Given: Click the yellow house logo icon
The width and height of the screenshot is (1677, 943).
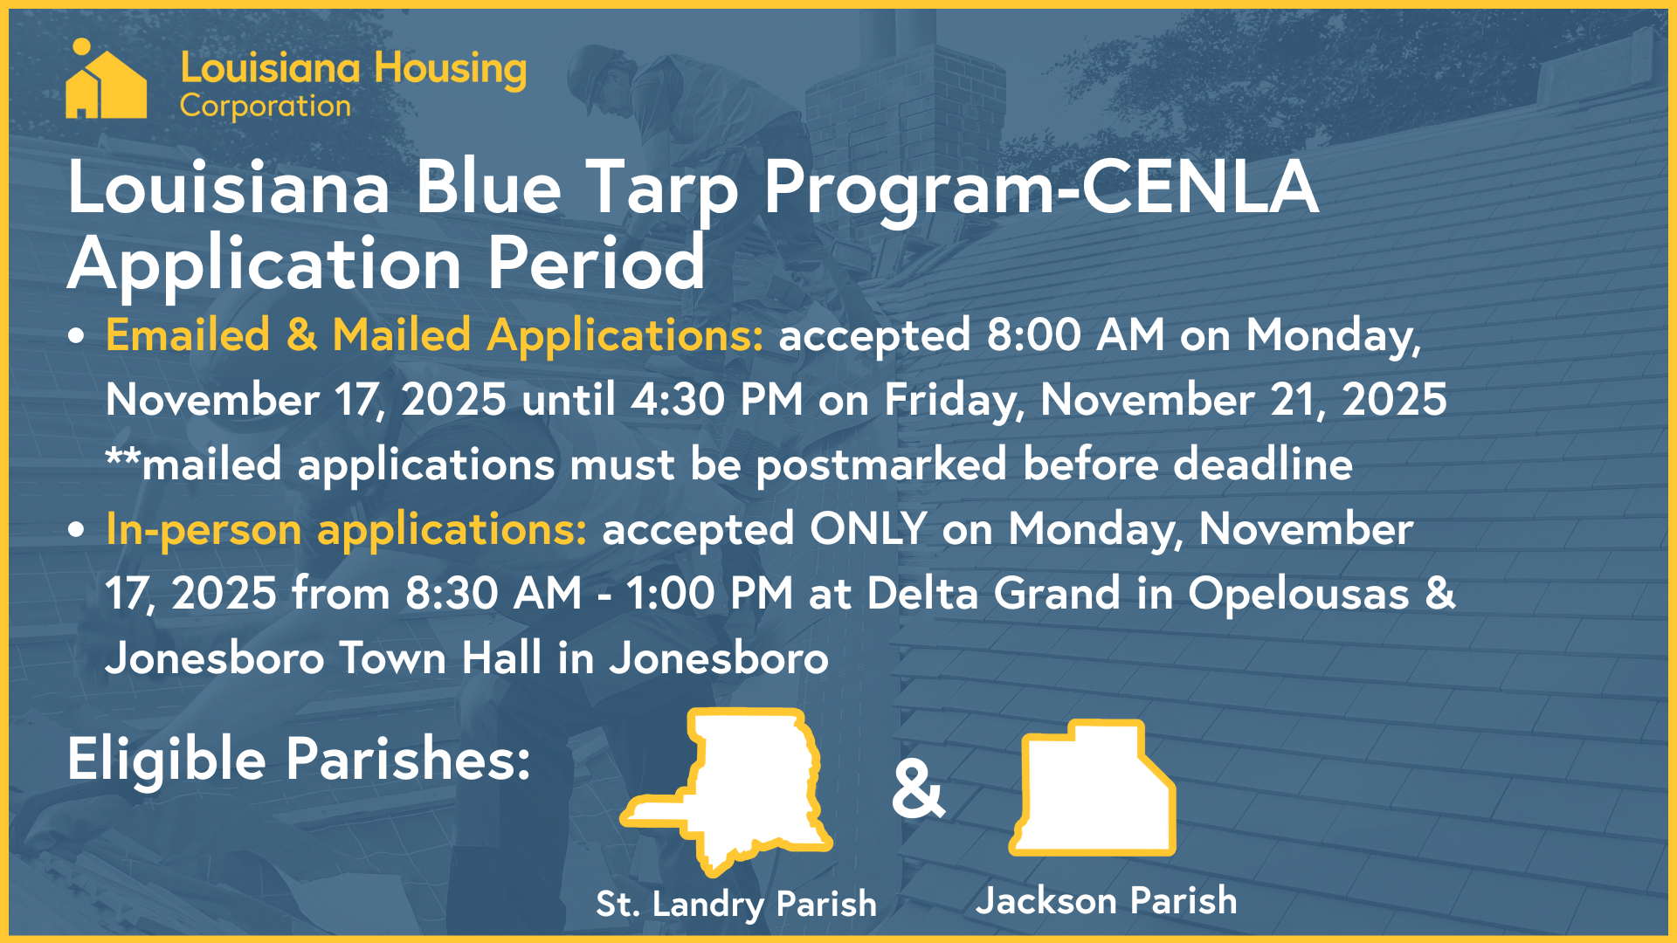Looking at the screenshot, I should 106,80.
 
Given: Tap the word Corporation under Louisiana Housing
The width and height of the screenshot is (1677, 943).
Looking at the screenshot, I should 265,107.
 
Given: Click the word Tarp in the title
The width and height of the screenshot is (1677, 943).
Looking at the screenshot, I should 662,188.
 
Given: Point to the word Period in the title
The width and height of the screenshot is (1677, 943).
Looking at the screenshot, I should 596,264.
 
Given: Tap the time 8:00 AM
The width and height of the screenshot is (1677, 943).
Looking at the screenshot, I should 1075,335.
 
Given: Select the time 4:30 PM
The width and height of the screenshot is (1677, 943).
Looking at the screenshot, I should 717,400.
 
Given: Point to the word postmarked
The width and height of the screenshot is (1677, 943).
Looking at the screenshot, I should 881,465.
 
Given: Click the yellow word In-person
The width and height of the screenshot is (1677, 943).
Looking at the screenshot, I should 204,529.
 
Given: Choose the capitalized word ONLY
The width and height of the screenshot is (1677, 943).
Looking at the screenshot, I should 868,529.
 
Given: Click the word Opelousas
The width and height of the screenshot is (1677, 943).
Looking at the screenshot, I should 1298,594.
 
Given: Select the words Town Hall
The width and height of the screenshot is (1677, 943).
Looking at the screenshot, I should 440,658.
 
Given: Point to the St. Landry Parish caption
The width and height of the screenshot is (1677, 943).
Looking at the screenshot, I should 735,904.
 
